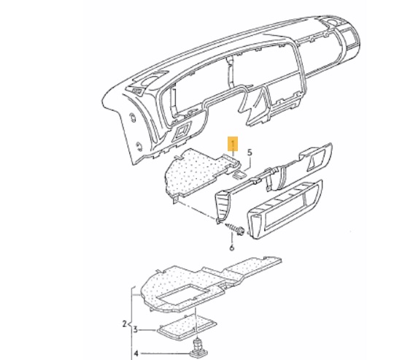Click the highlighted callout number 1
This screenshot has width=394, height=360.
[233, 144]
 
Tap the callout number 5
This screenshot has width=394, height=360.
[250, 153]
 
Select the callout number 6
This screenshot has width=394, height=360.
[232, 248]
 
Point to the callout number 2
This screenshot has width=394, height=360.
[124, 323]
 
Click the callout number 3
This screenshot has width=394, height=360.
[136, 329]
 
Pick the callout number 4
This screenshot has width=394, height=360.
[136, 353]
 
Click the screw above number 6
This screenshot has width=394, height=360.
[235, 229]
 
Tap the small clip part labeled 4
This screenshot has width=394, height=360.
[198, 348]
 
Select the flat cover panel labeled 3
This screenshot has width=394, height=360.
[187, 328]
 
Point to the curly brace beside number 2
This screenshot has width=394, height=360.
[131, 323]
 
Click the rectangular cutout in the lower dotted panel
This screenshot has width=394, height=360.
[183, 294]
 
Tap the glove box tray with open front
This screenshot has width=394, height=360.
[285, 210]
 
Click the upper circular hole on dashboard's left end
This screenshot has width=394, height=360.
[132, 118]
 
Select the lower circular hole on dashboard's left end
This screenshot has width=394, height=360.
[139, 146]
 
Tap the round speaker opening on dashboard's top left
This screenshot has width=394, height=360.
[147, 81]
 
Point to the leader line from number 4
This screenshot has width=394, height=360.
[166, 353]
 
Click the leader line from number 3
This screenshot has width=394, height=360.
[148, 330]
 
